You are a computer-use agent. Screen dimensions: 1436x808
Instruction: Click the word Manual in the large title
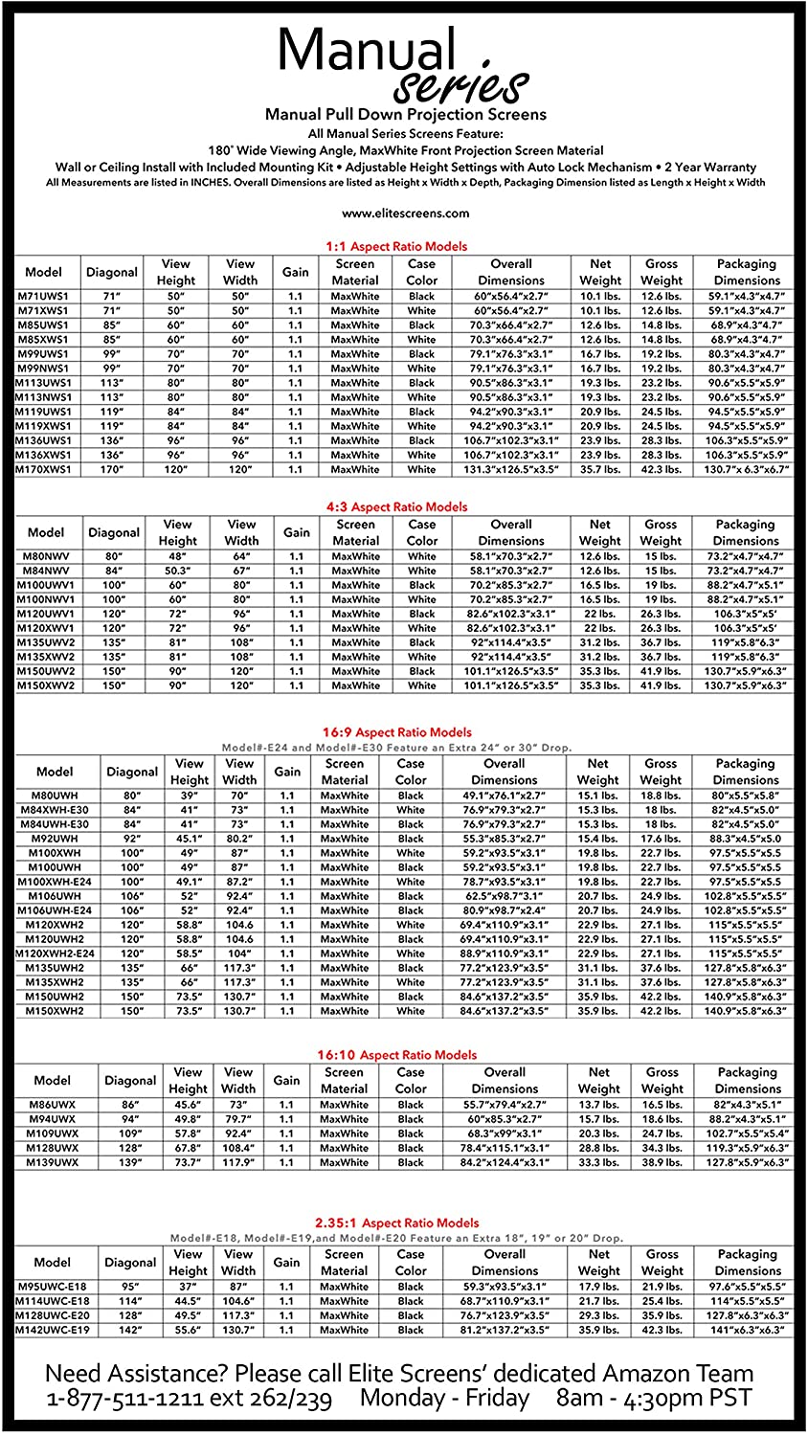point(366,50)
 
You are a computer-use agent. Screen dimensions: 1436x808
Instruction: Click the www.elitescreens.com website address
point(405,213)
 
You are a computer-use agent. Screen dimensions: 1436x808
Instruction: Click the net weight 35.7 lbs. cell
point(600,469)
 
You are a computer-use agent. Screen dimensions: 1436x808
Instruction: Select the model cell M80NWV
point(46,556)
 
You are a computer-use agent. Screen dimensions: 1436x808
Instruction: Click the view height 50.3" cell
point(177,571)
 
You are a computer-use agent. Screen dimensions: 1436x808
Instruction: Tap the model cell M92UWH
point(55,839)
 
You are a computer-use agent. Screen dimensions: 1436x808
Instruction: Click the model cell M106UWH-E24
point(55,910)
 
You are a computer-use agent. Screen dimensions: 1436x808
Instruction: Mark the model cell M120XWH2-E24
point(55,954)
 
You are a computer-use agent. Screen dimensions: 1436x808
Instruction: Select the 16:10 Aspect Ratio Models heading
point(396,1055)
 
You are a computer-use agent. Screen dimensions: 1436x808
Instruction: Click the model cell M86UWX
point(53,1105)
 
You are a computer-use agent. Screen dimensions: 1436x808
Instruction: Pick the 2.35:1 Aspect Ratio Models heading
point(396,1223)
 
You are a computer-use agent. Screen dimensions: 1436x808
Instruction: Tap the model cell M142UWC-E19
point(53,1330)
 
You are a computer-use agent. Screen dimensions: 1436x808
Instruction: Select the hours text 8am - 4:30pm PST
point(654,1399)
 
